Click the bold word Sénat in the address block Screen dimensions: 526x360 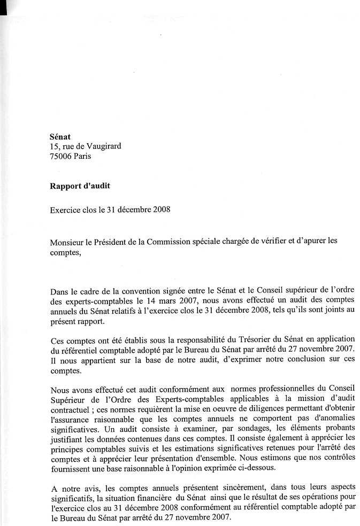[x=60, y=137]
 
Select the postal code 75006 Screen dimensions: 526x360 [x=60, y=156]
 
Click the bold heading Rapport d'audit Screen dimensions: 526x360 [x=80, y=186]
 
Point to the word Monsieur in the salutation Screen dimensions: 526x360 [x=66, y=241]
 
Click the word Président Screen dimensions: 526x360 [x=113, y=241]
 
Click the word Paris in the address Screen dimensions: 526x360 [x=82, y=156]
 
